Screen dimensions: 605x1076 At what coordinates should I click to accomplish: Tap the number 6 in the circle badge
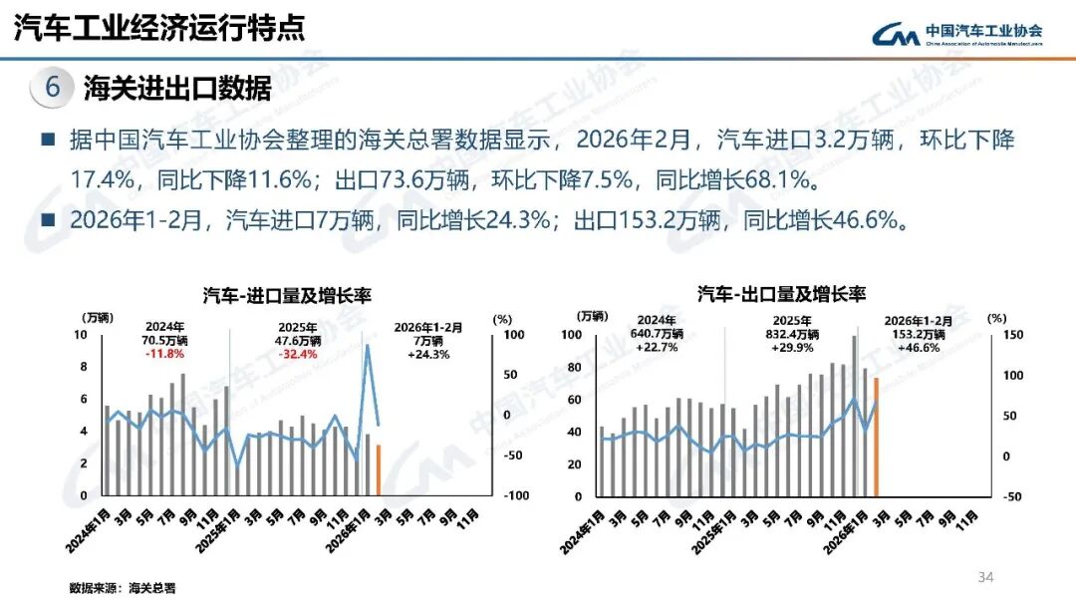[53, 88]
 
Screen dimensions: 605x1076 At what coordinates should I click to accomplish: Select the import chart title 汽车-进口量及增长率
[280, 295]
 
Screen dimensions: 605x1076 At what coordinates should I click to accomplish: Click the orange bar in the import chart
[379, 469]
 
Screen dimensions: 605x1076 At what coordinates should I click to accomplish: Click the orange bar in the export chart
[876, 437]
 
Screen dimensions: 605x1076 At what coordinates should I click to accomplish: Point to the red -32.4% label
[299, 354]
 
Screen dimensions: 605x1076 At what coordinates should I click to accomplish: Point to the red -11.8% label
[164, 354]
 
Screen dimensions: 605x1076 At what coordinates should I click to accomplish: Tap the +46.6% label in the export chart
[919, 348]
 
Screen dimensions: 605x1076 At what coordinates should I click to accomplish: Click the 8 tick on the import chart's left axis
[84, 367]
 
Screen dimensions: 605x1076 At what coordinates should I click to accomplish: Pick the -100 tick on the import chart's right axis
[514, 495]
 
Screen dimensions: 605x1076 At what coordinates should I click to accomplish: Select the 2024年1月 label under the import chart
[88, 522]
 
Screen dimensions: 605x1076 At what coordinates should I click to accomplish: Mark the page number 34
[986, 577]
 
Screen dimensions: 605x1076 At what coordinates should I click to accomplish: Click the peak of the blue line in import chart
[367, 346]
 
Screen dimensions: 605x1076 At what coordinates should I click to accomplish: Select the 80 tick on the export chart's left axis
[572, 367]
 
